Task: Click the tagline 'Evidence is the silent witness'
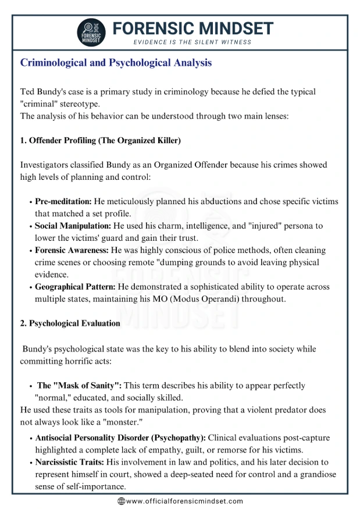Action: pos(193,42)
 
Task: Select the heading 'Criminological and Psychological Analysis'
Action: pos(116,63)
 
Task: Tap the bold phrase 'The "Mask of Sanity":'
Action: pos(80,385)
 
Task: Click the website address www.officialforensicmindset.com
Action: pos(184,501)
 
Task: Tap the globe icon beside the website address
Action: pos(121,501)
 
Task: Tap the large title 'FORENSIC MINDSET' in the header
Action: pos(193,27)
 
